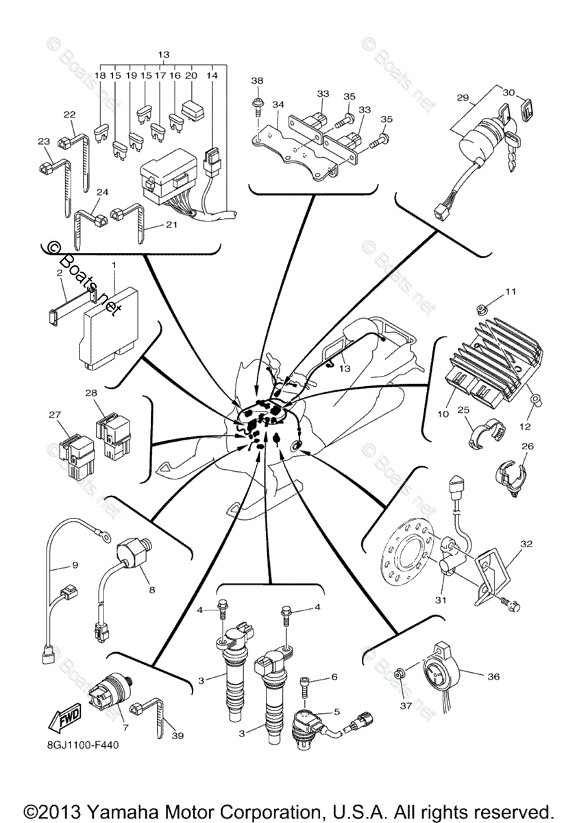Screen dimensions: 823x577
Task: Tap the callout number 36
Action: (493, 677)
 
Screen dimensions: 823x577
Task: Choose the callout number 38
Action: (257, 80)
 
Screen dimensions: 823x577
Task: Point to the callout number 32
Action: (526, 542)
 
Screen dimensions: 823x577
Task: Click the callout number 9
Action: (75, 566)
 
